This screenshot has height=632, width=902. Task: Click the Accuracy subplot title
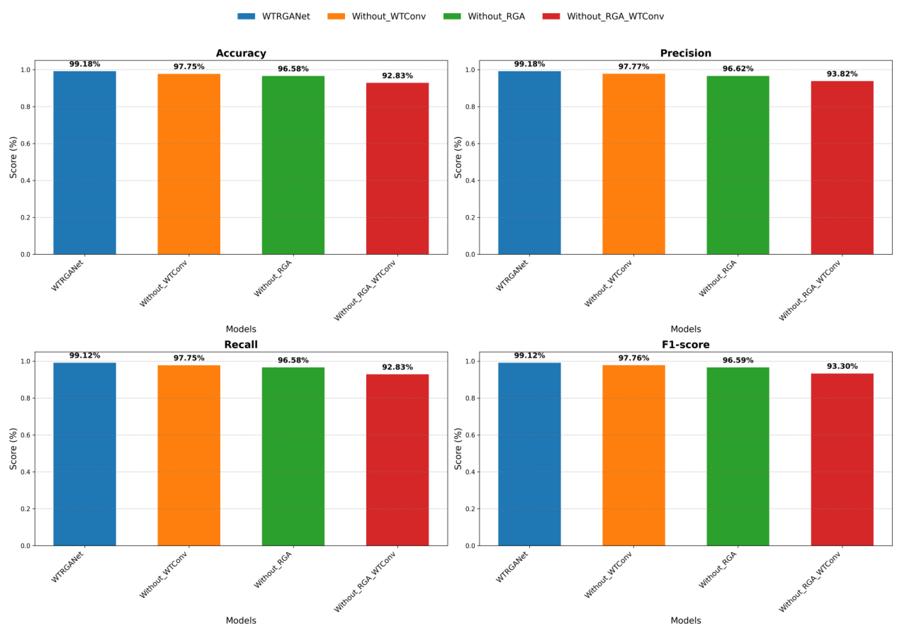(241, 53)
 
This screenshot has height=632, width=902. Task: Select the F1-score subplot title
(686, 345)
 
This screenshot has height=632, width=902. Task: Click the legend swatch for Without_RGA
(452, 16)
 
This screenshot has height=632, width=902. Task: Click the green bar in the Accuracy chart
(293, 165)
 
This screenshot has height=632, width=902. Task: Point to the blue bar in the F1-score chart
(529, 454)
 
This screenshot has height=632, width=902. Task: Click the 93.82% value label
(842, 74)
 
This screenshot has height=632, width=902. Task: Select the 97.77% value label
(633, 66)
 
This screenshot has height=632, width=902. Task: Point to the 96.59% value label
(738, 360)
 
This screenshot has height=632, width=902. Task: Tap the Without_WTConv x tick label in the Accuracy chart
(164, 283)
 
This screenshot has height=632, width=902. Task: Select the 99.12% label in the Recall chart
(85, 355)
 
